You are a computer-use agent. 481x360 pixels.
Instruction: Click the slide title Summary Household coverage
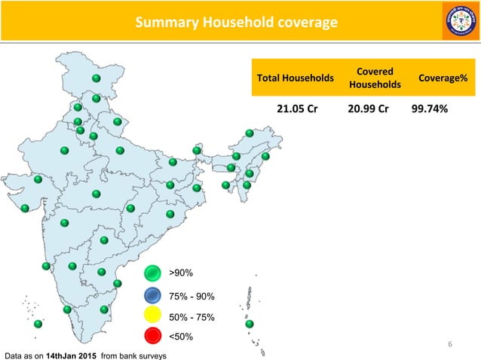click(x=235, y=23)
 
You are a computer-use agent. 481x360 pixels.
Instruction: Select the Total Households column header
click(x=296, y=78)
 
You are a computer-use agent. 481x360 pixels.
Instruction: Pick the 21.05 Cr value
click(x=296, y=108)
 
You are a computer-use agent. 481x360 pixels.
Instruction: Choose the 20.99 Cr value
click(x=368, y=108)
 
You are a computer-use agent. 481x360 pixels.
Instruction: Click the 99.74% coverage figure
click(x=430, y=108)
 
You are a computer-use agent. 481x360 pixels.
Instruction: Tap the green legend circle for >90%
click(x=153, y=273)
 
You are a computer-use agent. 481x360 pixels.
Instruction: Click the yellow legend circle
click(x=153, y=316)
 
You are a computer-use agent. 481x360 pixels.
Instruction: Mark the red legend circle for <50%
click(x=153, y=337)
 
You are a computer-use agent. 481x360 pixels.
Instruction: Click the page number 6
click(x=450, y=345)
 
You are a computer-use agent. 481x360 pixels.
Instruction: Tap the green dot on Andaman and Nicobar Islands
click(x=250, y=325)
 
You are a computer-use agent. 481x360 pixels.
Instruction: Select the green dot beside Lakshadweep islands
click(x=38, y=324)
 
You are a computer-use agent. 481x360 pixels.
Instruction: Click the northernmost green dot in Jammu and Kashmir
click(x=97, y=78)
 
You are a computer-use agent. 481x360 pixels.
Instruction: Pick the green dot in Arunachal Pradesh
click(x=250, y=133)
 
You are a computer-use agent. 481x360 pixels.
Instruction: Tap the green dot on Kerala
click(x=67, y=309)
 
